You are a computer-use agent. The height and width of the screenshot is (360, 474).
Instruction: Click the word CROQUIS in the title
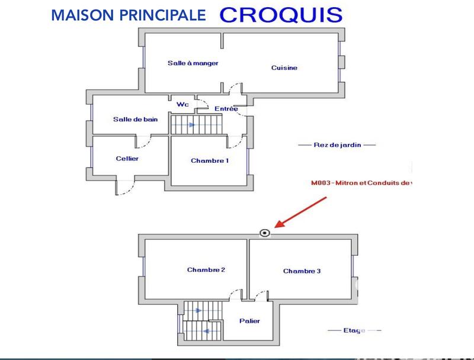pyautogui.click(x=281, y=15)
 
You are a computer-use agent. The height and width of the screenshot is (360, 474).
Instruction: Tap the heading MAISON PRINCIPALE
pyautogui.click(x=129, y=15)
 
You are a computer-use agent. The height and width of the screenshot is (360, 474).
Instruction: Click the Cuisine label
pyautogui.click(x=284, y=68)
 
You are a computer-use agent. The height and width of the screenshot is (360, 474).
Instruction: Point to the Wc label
pyautogui.click(x=182, y=104)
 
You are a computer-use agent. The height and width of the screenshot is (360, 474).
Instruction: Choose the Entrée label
pyautogui.click(x=226, y=109)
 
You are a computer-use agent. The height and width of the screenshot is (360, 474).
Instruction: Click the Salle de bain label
pyautogui.click(x=136, y=119)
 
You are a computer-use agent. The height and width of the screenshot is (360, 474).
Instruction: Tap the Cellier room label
pyautogui.click(x=127, y=158)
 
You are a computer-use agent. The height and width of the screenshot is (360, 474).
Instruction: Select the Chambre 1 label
pyautogui.click(x=210, y=161)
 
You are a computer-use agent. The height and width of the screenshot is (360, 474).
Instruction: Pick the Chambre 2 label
pyautogui.click(x=206, y=270)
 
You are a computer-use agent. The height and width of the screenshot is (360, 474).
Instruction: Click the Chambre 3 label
pyautogui.click(x=302, y=271)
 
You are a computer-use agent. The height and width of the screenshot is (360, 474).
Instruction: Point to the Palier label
pyautogui.click(x=249, y=321)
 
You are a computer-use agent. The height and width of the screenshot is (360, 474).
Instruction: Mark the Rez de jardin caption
pyautogui.click(x=337, y=144)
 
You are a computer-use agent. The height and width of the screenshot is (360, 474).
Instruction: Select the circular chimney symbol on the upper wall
pyautogui.click(x=265, y=233)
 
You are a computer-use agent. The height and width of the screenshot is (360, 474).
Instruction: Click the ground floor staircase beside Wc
pyautogui.click(x=195, y=125)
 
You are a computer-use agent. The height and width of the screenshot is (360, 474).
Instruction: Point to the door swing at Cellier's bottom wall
pyautogui.click(x=125, y=187)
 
